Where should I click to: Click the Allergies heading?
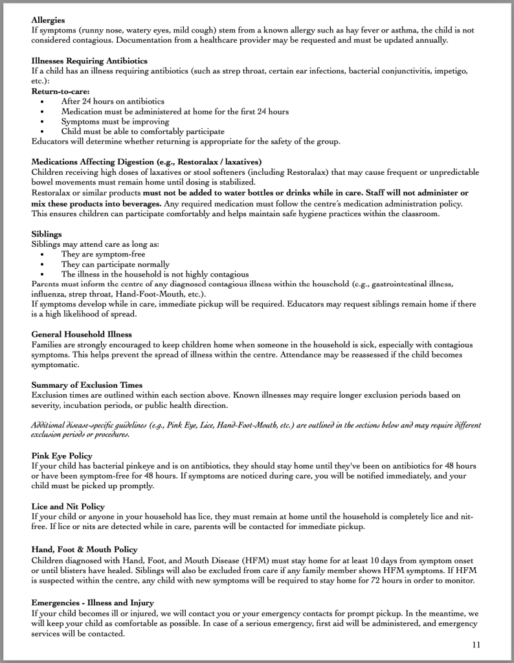click(48, 20)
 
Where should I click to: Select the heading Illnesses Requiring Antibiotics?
click(89, 60)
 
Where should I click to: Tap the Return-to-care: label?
click(61, 91)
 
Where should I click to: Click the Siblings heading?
click(47, 234)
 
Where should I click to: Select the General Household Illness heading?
click(82, 334)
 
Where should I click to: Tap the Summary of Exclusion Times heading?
click(87, 385)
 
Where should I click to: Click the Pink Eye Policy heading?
click(61, 456)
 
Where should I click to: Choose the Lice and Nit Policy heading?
click(68, 506)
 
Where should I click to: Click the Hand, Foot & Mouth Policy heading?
click(84, 550)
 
